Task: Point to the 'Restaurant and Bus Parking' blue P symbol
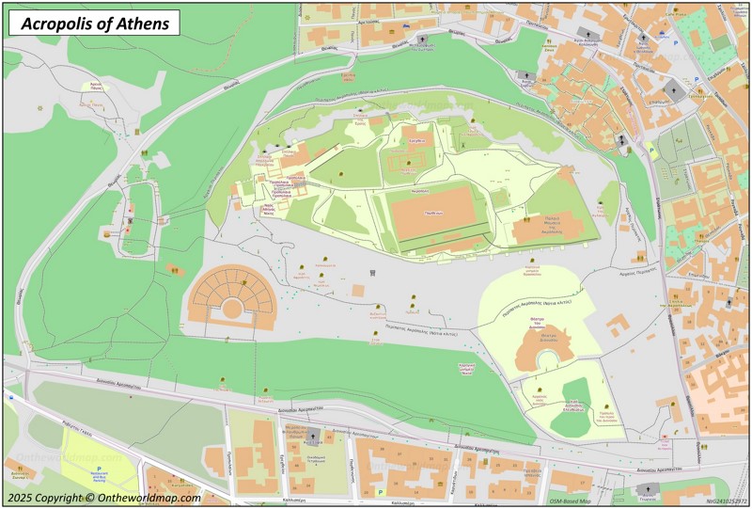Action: tap(99, 467)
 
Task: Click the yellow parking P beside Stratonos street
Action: tap(650, 148)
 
